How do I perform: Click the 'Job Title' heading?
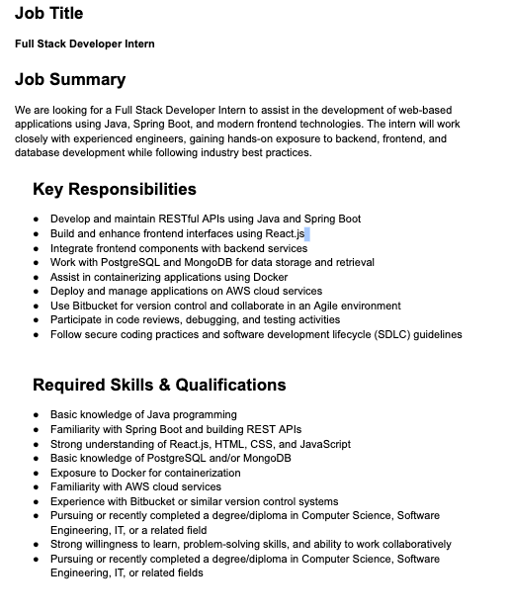point(48,14)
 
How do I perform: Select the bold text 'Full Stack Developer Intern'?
point(85,44)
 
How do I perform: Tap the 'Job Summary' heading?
point(70,80)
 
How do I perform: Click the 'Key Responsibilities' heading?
point(114,189)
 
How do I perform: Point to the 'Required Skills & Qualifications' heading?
point(159,385)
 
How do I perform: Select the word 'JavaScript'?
point(324,444)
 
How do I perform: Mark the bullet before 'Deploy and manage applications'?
point(37,292)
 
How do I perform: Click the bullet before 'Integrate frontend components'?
point(37,248)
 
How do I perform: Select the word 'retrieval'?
point(353,263)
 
